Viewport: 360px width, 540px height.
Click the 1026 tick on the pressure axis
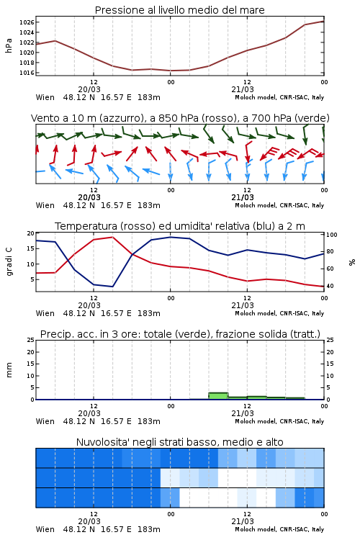pyautogui.click(x=27, y=22)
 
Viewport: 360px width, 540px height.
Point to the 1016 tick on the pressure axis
pyautogui.click(x=27, y=73)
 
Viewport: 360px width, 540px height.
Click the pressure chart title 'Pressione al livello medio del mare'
pyautogui.click(x=180, y=10)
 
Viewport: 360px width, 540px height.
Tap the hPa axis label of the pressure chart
pyautogui.click(x=9, y=45)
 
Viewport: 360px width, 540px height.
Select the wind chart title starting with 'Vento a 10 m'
pyautogui.click(x=180, y=118)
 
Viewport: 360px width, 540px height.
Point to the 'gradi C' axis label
pyautogui.click(x=9, y=261)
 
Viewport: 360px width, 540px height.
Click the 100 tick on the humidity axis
pyautogui.click(x=332, y=235)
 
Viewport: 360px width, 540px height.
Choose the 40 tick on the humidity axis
pyautogui.click(x=330, y=286)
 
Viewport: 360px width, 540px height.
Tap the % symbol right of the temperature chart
pyautogui.click(x=352, y=262)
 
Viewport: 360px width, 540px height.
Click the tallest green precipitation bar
pyautogui.click(x=218, y=396)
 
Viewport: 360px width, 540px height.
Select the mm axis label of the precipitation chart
pyautogui.click(x=9, y=370)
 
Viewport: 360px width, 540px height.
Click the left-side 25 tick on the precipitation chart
pyautogui.click(x=31, y=340)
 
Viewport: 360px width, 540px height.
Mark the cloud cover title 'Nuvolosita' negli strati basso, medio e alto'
pyautogui.click(x=180, y=442)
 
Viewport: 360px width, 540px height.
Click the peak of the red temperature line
pyautogui.click(x=112, y=238)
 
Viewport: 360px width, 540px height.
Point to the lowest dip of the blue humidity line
pyautogui.click(x=112, y=287)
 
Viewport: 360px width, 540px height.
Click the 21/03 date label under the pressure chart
pyautogui.click(x=243, y=89)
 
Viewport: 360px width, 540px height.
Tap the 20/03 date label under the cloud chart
pyautogui.click(x=89, y=521)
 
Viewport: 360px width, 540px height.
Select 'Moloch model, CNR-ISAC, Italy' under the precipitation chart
pyautogui.click(x=279, y=421)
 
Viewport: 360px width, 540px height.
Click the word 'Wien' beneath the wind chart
pyautogui.click(x=45, y=205)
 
